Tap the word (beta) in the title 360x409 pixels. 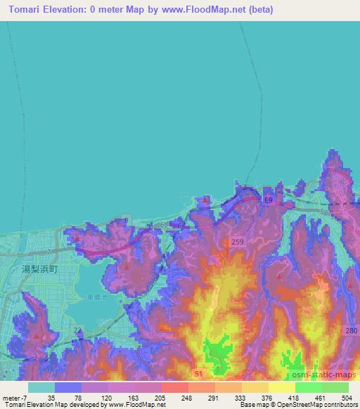click(x=259, y=9)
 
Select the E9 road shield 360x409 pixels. click(x=268, y=201)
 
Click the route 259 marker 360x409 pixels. click(x=236, y=242)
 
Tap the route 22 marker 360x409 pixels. click(x=78, y=330)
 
